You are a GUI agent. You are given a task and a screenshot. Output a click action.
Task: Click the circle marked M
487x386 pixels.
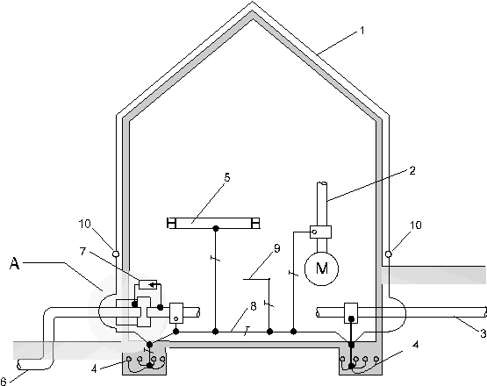point(321,268)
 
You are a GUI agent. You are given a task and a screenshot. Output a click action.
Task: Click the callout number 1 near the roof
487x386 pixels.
point(362,31)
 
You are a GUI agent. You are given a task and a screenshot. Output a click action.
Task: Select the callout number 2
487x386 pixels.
point(412,170)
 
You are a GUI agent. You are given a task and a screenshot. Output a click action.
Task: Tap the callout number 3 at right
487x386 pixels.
point(483,334)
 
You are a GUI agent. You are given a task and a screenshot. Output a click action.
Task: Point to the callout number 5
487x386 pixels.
point(227,177)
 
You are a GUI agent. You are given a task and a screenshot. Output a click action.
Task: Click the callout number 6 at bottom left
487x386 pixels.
point(4,381)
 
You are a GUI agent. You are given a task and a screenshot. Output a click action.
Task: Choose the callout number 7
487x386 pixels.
point(82,251)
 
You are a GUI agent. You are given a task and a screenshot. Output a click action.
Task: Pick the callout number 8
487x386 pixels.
point(254,306)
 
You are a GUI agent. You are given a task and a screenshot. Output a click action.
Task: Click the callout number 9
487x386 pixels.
point(276,248)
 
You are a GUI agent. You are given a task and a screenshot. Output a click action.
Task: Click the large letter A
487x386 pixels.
point(15,264)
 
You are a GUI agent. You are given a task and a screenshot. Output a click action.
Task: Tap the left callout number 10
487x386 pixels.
point(84,224)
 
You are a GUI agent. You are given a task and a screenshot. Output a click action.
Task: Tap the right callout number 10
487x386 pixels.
point(416,225)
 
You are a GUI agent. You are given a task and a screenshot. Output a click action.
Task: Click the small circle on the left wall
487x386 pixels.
point(116,254)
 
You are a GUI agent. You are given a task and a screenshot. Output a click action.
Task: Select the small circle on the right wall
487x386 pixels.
point(388,254)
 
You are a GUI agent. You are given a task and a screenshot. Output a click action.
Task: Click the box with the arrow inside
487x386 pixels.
point(147,284)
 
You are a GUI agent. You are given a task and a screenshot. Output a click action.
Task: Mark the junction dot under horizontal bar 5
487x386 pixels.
point(216,229)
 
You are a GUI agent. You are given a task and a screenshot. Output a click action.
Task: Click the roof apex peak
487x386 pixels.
point(252,3)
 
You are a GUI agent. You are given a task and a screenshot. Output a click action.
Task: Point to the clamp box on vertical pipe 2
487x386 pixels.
point(320,232)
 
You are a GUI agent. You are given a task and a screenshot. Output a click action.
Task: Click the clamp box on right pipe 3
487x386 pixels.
point(351,313)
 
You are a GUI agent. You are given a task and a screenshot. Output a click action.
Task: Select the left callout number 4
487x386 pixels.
point(94,369)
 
